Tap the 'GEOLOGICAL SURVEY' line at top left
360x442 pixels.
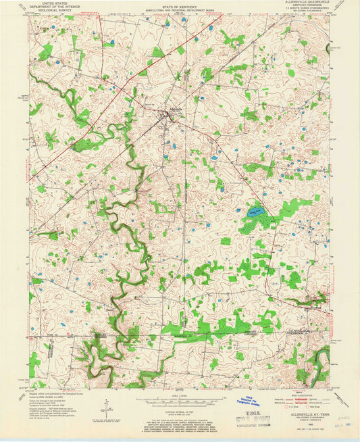tap(47, 11)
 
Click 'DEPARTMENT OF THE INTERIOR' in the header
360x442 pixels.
tap(47, 7)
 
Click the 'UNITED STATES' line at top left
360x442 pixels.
tap(47, 3)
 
